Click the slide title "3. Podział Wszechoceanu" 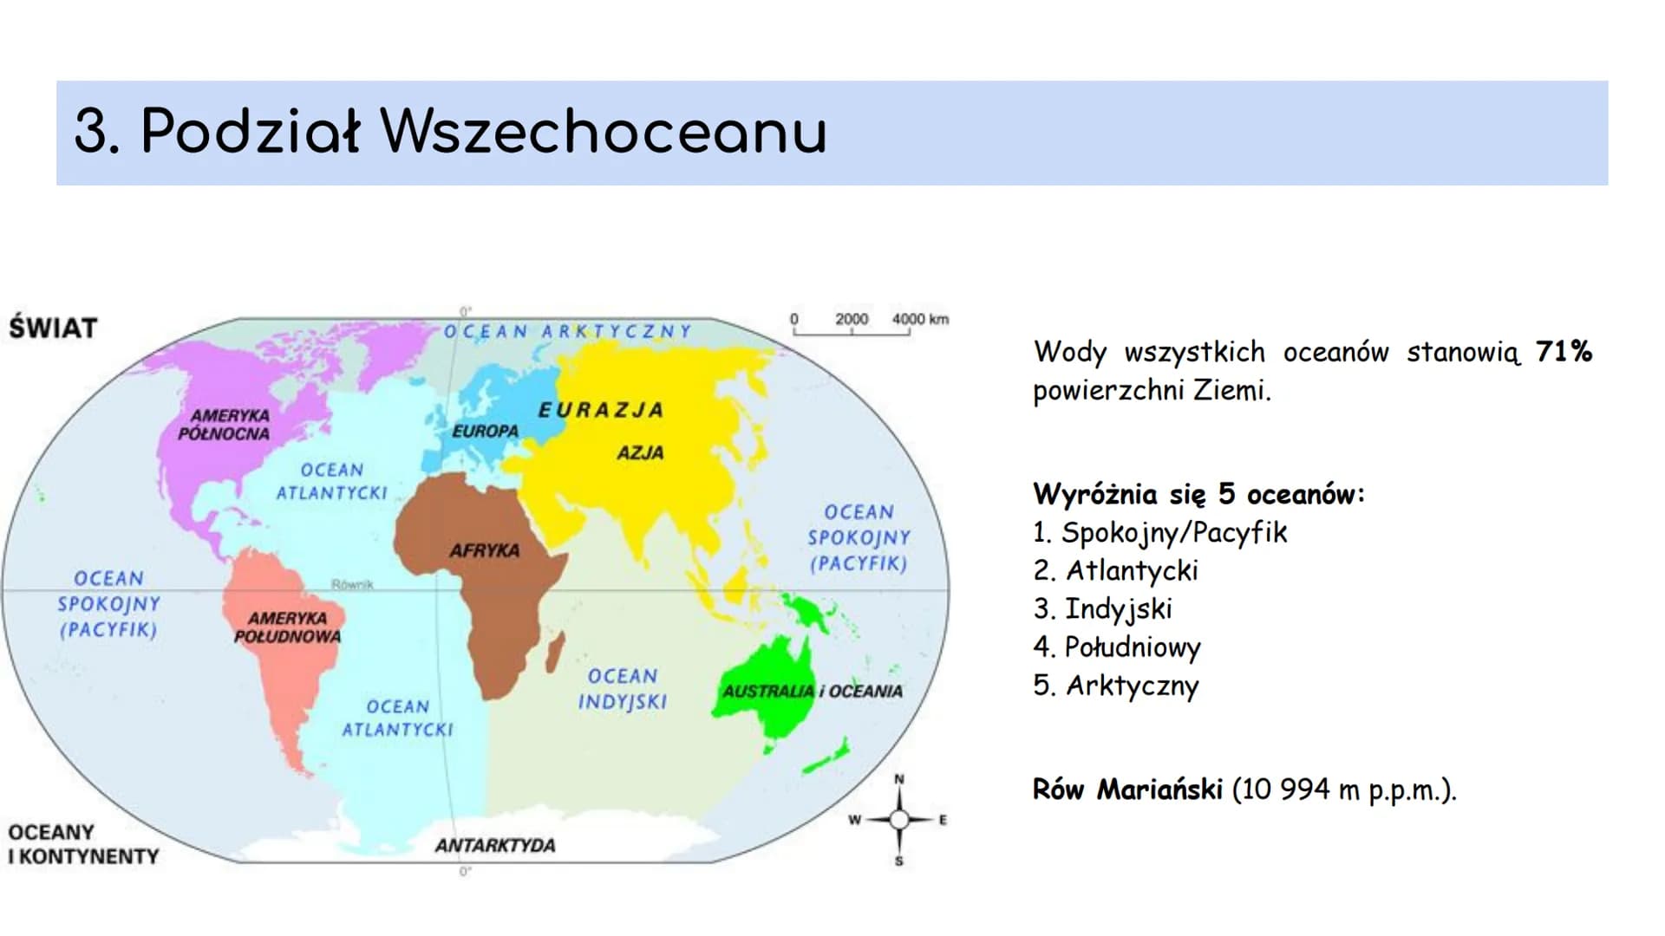[x=451, y=133]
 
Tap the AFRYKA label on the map [x=485, y=550]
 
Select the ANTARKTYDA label [x=495, y=845]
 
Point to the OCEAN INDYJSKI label [x=623, y=689]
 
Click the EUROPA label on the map [x=485, y=431]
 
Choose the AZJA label [x=640, y=452]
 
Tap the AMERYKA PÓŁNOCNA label [x=225, y=425]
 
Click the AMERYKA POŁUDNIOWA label [x=287, y=627]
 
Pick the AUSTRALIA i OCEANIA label [x=813, y=691]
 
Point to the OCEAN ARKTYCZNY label [x=568, y=331]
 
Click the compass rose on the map [x=898, y=819]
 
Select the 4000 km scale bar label [x=920, y=319]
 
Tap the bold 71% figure [x=1564, y=351]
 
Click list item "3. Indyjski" [x=1102, y=609]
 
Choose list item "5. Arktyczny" [x=1116, y=686]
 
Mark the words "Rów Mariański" [x=1127, y=789]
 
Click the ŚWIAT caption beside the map [x=53, y=328]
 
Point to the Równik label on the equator [x=352, y=585]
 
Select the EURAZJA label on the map [x=601, y=410]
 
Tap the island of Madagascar [x=555, y=651]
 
